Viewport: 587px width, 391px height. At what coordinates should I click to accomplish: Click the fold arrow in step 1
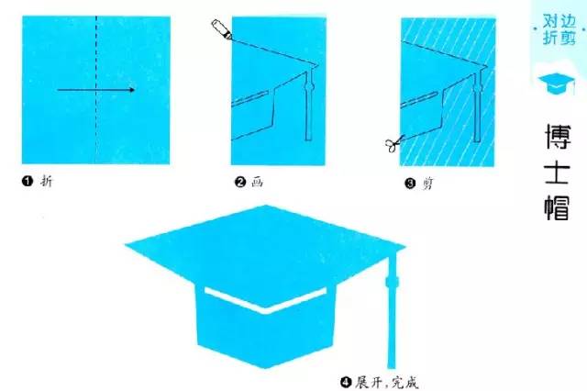[x=95, y=90]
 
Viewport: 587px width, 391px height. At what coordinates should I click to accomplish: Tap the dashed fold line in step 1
[x=96, y=90]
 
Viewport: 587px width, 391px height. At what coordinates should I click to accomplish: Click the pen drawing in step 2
[x=222, y=29]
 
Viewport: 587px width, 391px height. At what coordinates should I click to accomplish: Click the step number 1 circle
[x=28, y=181]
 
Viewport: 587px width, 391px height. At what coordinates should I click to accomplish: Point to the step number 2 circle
[x=239, y=182]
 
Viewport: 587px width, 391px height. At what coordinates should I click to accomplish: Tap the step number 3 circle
[x=410, y=184]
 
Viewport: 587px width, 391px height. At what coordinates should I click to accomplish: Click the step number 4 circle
[x=346, y=383]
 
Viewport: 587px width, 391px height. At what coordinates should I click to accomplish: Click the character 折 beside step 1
[x=47, y=181]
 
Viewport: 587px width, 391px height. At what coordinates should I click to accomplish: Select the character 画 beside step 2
[x=257, y=182]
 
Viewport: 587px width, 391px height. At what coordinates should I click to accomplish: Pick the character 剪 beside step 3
[x=427, y=184]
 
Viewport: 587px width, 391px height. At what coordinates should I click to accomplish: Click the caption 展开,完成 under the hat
[x=386, y=383]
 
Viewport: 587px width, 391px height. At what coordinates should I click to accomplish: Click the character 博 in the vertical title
[x=558, y=137]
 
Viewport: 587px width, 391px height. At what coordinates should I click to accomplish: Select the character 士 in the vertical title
[x=558, y=173]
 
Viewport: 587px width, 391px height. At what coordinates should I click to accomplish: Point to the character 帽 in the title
[x=558, y=207]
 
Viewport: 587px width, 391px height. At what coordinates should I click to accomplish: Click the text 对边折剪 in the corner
[x=559, y=30]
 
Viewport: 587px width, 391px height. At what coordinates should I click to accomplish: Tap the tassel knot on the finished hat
[x=392, y=282]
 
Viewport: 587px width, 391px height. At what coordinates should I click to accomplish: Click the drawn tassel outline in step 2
[x=308, y=105]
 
